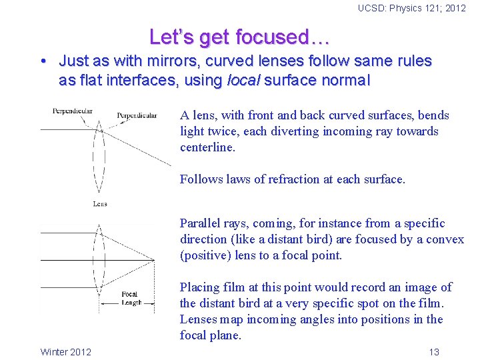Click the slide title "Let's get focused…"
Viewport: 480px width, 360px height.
tap(240, 36)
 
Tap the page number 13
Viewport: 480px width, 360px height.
tap(434, 352)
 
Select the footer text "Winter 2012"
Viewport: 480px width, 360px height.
tap(66, 352)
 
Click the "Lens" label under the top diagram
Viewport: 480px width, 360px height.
tap(100, 203)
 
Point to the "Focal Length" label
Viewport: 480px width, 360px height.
tap(131, 298)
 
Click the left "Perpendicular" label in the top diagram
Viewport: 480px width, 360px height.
tap(72, 111)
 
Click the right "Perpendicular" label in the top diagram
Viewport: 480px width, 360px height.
tap(137, 115)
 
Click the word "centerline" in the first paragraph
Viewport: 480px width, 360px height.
tap(206, 147)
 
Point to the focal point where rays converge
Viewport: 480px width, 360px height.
tap(154, 260)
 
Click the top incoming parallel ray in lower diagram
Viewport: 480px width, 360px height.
tap(67, 233)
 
